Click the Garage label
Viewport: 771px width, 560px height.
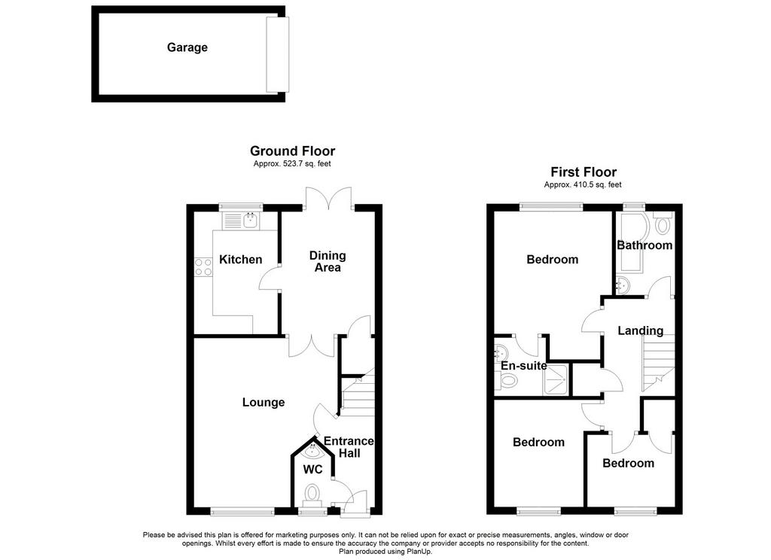[187, 47]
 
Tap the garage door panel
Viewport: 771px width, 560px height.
[277, 55]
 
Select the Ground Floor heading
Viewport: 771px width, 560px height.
[293, 151]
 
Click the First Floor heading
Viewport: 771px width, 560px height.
[584, 172]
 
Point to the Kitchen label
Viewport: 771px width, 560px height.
[240, 260]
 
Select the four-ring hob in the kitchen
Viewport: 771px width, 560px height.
[203, 267]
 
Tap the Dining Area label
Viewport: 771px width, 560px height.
[328, 262]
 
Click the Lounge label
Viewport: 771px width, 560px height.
[264, 403]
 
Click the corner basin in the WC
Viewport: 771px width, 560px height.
[312, 449]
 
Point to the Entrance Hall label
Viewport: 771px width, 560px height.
[349, 447]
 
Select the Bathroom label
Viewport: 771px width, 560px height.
[645, 245]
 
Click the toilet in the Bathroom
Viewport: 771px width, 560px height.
[663, 224]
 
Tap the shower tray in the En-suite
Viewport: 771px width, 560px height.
[556, 379]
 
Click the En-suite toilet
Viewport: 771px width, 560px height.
[505, 381]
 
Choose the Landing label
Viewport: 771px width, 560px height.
[640, 331]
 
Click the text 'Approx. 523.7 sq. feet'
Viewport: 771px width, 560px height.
[292, 164]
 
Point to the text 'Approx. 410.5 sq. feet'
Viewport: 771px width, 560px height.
[583, 185]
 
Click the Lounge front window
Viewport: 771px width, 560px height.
[242, 511]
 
